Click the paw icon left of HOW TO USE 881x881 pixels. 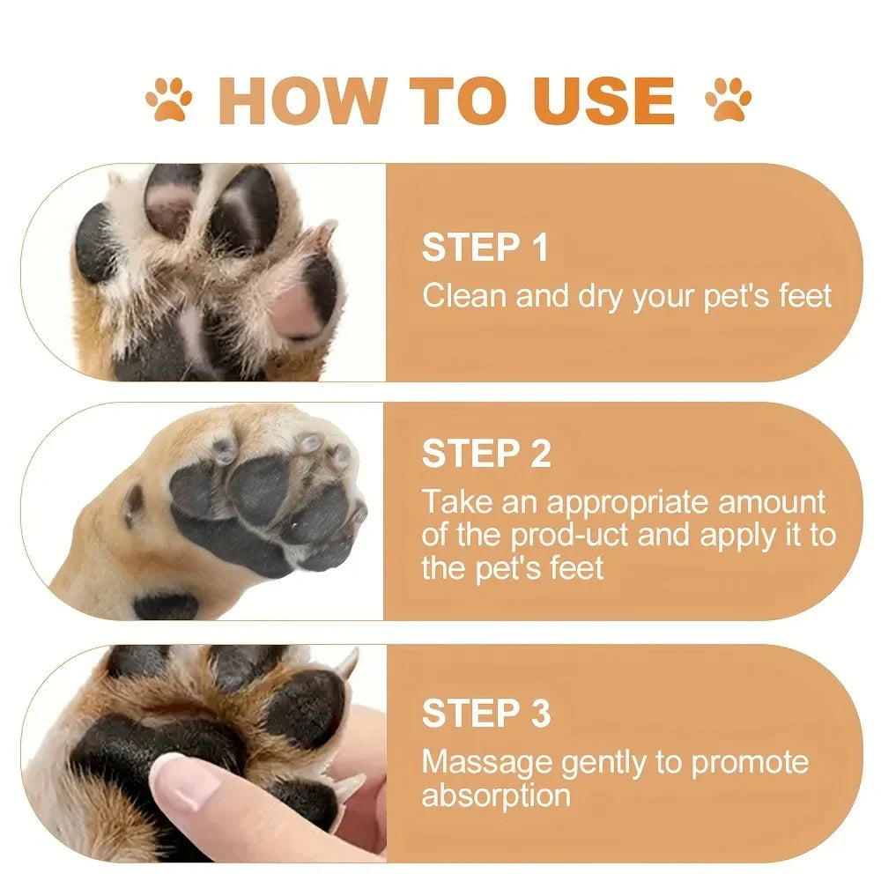coord(168,100)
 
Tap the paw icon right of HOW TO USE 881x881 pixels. coord(729,100)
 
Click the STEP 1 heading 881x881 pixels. coord(485,248)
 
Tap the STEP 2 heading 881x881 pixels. coord(486,454)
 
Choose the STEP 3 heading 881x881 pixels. coord(486,713)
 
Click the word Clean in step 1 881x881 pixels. coord(464,296)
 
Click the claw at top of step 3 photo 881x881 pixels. coord(348,663)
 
